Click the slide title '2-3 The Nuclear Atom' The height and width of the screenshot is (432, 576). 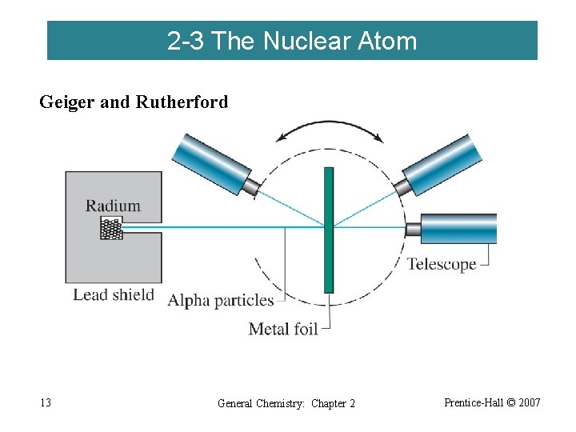[292, 41]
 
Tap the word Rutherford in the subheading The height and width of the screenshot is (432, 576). [182, 102]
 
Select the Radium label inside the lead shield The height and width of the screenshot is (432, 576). [113, 206]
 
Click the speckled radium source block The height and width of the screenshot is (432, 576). [112, 229]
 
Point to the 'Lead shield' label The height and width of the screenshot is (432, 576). [113, 294]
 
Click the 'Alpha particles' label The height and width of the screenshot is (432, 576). [220, 301]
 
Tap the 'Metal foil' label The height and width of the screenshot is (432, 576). [283, 328]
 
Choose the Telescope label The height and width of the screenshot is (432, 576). [442, 264]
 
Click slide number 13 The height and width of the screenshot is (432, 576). [45, 402]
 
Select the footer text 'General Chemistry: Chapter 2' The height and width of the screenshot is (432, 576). [286, 403]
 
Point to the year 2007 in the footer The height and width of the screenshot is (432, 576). [529, 402]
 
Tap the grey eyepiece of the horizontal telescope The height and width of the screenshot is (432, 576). [413, 230]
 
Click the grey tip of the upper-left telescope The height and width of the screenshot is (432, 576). [251, 187]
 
